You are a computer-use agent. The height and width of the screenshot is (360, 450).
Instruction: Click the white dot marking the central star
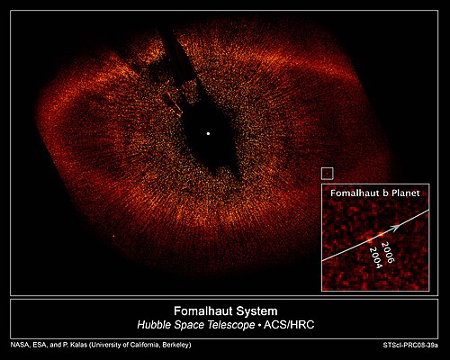(208, 133)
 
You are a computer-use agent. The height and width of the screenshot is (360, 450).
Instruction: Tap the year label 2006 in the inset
(386, 253)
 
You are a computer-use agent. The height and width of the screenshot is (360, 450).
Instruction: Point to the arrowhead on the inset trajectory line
(397, 227)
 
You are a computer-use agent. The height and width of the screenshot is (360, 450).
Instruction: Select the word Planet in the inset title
(405, 193)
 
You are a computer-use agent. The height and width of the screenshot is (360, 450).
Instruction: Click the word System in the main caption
(256, 311)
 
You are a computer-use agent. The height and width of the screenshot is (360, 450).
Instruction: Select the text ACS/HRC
(289, 325)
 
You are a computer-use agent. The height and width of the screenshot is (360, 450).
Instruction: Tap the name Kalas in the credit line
(78, 345)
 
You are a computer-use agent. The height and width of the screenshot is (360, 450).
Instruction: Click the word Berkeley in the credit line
(175, 346)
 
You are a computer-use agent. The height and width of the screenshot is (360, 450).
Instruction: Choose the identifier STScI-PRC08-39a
(410, 346)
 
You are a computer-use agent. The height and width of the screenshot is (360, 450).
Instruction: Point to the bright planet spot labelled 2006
(381, 234)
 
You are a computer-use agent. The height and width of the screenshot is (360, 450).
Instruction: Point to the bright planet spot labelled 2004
(369, 240)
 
